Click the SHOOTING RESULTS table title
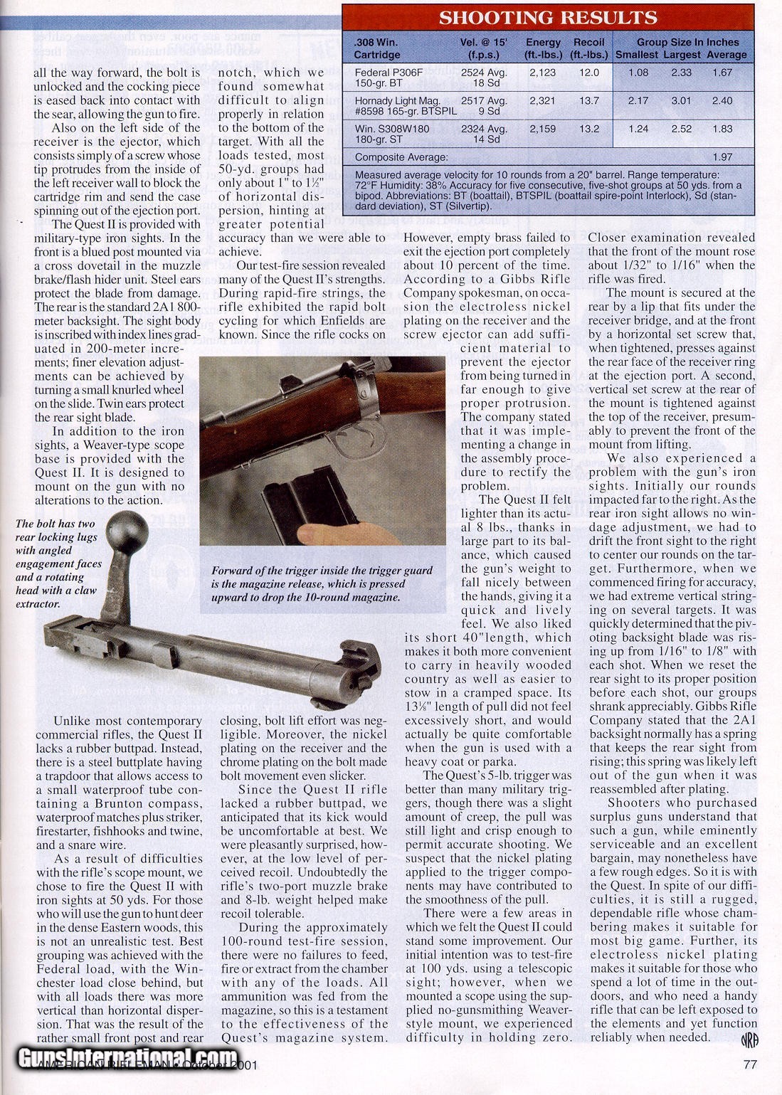(x=547, y=18)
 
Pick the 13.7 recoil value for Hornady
(x=589, y=100)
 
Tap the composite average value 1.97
(x=722, y=157)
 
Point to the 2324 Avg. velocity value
(x=484, y=129)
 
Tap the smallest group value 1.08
(x=638, y=72)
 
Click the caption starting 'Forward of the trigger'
(x=322, y=581)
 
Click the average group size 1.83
(x=722, y=129)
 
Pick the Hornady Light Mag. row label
(x=398, y=100)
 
